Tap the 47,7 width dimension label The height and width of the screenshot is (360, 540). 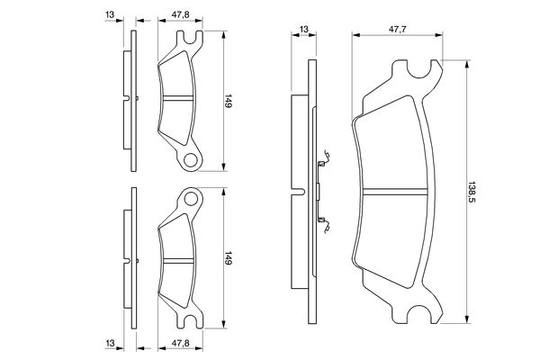tap(398, 30)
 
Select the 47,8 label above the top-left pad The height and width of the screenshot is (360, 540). tap(181, 14)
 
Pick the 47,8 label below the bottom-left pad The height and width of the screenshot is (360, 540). tap(181, 343)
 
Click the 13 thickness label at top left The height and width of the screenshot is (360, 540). tap(110, 14)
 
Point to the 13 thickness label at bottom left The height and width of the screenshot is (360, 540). tap(110, 343)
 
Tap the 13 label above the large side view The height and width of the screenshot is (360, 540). tap(304, 30)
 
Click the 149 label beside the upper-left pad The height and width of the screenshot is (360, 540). tap(229, 101)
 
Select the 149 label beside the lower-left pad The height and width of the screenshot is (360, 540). tap(229, 258)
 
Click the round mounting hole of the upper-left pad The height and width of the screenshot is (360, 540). tap(191, 160)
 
